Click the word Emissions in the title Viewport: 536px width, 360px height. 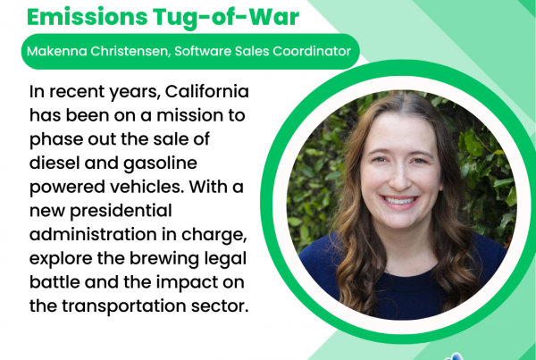(x=88, y=16)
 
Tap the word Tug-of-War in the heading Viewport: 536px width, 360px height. (x=226, y=18)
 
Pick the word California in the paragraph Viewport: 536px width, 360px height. (x=207, y=91)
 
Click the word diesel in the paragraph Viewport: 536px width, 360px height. (x=54, y=163)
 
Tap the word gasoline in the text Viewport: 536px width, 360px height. (x=160, y=164)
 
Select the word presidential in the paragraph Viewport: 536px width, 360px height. (x=121, y=212)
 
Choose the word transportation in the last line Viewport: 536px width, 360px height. (x=124, y=307)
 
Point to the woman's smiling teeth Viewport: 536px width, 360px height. (x=399, y=201)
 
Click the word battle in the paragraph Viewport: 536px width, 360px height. (x=54, y=282)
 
